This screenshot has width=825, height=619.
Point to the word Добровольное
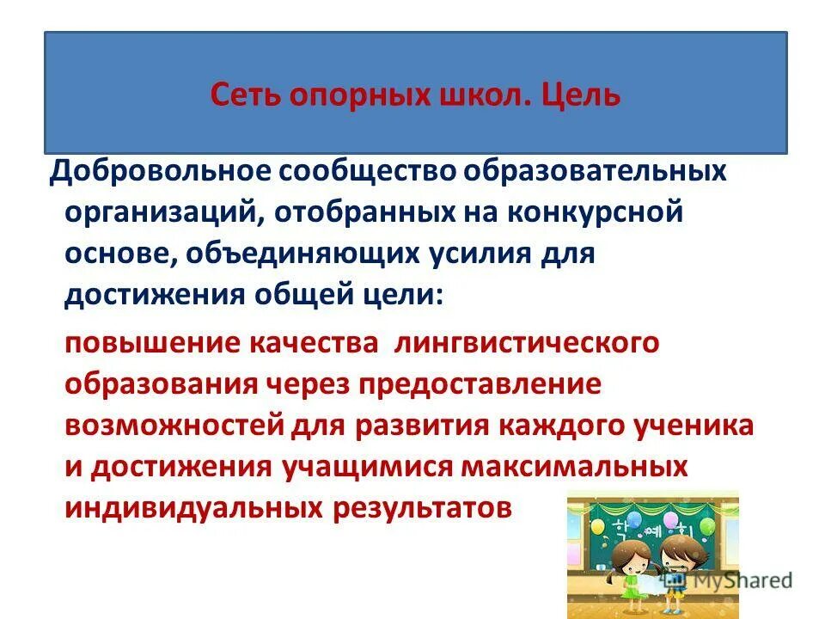158,169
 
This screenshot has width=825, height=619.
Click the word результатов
421,507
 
